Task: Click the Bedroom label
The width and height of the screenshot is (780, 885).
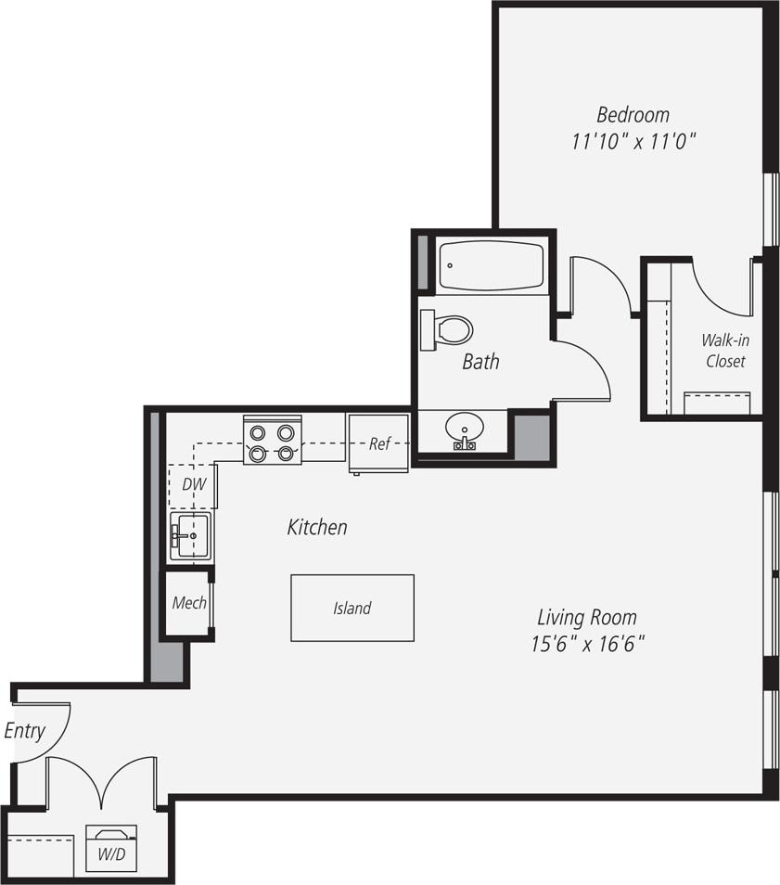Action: point(633,115)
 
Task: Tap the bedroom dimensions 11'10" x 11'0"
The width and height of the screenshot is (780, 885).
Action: point(633,142)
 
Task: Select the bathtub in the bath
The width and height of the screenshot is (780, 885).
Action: point(490,266)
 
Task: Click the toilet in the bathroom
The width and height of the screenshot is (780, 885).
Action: point(447,329)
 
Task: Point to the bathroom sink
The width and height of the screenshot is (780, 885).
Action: point(464,430)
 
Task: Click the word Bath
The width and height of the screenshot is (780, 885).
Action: point(480,362)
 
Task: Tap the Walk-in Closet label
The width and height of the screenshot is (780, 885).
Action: point(725,351)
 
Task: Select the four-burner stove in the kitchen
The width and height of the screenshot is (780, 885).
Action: point(272,442)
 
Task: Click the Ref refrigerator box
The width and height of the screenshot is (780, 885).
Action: point(378,443)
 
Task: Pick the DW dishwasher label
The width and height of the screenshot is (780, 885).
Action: point(193,484)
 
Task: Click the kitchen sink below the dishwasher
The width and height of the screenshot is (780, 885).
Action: point(190,536)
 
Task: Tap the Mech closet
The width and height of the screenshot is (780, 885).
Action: point(189,603)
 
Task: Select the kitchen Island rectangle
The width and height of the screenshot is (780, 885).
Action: point(352,609)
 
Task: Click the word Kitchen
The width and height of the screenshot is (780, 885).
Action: point(317,528)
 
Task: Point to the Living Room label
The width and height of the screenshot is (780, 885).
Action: point(587,617)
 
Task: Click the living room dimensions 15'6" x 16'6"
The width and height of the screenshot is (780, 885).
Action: point(587,644)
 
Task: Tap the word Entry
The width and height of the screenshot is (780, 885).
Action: point(24,731)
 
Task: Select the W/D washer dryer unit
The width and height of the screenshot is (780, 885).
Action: point(111,848)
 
